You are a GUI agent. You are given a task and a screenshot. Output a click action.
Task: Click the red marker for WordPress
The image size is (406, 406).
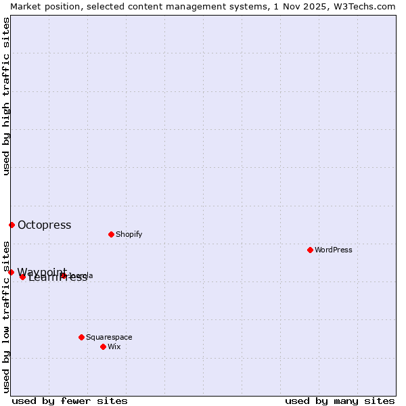(x=310, y=250)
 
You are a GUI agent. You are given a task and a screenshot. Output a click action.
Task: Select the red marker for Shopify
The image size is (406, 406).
(x=111, y=234)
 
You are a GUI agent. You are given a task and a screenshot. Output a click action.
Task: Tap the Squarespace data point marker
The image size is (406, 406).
(x=81, y=337)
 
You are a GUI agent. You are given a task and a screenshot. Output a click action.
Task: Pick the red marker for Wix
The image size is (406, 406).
(x=103, y=346)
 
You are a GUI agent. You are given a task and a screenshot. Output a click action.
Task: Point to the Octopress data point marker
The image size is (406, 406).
(x=12, y=225)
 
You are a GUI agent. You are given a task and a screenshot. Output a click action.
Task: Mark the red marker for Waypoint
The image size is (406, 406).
(x=11, y=272)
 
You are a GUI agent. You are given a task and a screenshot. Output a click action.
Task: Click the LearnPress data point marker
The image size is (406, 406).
(x=22, y=277)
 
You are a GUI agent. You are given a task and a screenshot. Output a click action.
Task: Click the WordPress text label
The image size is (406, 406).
(x=334, y=250)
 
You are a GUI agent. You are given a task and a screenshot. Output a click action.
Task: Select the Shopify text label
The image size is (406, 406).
(x=129, y=234)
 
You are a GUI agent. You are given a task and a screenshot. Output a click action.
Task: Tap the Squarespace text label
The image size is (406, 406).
(x=109, y=337)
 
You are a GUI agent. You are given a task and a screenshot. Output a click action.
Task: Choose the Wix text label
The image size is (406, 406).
(x=114, y=346)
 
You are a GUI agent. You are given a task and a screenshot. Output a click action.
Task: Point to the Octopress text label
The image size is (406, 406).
(x=44, y=225)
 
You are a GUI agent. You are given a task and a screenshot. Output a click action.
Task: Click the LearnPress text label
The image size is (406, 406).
(x=58, y=277)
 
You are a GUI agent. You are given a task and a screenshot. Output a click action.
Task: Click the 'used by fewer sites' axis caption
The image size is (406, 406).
(x=70, y=401)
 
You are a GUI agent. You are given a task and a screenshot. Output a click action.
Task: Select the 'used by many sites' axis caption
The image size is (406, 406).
(x=340, y=401)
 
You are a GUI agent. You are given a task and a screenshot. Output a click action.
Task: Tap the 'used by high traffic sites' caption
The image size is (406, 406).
(x=6, y=96)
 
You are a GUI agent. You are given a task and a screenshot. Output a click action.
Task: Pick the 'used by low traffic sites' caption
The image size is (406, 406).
(x=6, y=316)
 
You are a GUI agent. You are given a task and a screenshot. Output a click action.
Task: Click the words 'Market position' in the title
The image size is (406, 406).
(x=41, y=6)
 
